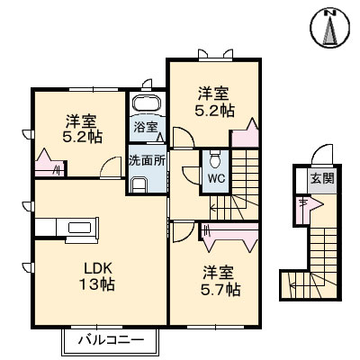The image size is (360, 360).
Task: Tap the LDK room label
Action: point(98,269)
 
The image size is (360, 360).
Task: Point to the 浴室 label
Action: point(146,129)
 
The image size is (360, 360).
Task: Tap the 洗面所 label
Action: point(145,162)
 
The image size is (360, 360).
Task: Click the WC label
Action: point(216,178)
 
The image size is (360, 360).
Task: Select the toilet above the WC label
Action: point(216,160)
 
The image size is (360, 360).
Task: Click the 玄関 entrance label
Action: point(322,178)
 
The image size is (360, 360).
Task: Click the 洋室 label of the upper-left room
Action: point(82,120)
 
